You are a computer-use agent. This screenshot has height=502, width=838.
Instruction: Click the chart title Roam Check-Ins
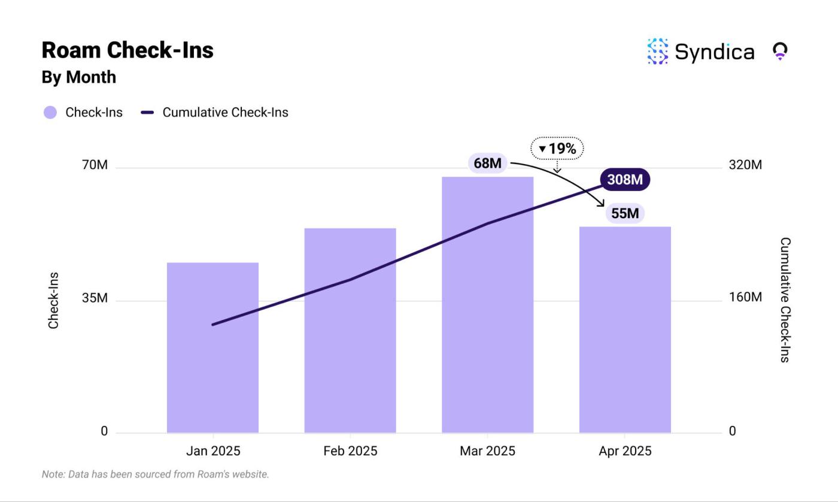tap(127, 50)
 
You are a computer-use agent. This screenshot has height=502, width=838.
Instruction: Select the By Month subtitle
tap(78, 77)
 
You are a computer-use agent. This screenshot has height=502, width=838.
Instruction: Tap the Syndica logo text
tap(713, 52)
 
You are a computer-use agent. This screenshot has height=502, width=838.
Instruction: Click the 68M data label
tap(487, 163)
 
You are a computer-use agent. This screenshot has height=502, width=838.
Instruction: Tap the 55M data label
tap(625, 213)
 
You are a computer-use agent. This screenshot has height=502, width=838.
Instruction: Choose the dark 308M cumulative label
tap(624, 179)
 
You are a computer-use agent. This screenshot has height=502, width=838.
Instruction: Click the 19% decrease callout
tap(557, 149)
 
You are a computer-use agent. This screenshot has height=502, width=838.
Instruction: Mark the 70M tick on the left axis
tap(95, 165)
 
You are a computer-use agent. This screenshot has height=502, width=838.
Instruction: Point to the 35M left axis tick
tap(95, 298)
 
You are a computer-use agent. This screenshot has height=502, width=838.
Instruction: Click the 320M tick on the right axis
tap(745, 165)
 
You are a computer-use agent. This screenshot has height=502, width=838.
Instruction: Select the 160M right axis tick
tap(745, 298)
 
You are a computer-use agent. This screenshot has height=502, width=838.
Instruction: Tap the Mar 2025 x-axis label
tap(487, 451)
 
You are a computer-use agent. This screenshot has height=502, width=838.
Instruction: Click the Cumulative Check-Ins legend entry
tap(225, 113)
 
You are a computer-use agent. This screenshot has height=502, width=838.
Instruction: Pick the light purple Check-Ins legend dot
tap(50, 113)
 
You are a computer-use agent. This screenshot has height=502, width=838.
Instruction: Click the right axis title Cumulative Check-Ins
tap(785, 300)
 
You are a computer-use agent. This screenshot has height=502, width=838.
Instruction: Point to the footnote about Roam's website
tap(155, 474)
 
